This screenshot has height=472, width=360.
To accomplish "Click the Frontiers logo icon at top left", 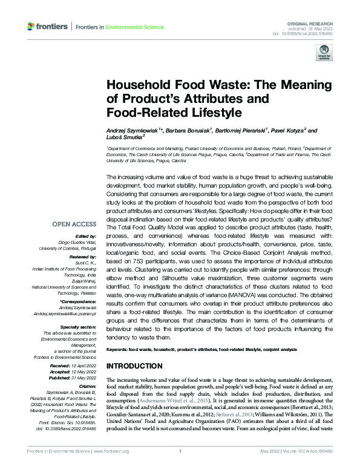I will pos(31,27).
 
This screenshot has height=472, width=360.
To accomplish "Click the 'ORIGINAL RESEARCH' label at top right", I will pos(316,21).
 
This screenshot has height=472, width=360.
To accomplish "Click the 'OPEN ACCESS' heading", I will pos(75,224).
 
